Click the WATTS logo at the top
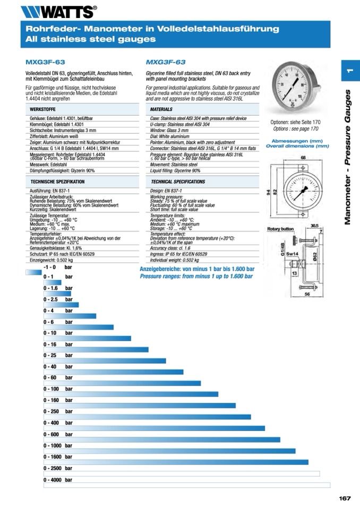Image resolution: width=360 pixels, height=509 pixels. tap(59, 12)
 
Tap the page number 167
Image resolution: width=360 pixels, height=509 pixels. tap(345, 498)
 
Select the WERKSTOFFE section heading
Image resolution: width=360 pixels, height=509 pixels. tap(42, 109)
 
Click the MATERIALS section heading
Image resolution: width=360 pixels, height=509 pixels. tap(161, 109)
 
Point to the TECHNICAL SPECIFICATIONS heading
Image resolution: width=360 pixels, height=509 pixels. tap(178, 182)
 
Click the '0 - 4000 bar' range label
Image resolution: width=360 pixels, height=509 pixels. tap(58, 480)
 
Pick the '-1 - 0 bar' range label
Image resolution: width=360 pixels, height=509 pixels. tap(57, 267)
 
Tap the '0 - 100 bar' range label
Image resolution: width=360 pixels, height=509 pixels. tap(58, 389)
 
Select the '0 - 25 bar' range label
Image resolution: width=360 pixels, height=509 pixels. tap(58, 355)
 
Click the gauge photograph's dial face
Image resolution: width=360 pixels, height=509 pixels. tap(290, 85)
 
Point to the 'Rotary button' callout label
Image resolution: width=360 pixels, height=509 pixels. tap(280, 229)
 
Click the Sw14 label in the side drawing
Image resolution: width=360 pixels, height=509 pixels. tap(292, 254)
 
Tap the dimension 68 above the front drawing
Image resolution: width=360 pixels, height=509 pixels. tap(303, 158)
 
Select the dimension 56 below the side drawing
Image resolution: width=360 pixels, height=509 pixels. tap(307, 294)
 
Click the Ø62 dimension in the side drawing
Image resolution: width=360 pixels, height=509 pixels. tap(314, 257)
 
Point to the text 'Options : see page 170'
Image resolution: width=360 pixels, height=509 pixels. tap(295, 129)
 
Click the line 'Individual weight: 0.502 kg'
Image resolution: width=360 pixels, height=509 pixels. tap(174, 260)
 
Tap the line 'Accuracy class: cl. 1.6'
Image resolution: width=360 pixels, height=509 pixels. tap(170, 248)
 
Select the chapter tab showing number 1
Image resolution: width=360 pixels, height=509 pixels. tap(350, 71)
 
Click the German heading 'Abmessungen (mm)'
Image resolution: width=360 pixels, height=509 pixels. tap(297, 141)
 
